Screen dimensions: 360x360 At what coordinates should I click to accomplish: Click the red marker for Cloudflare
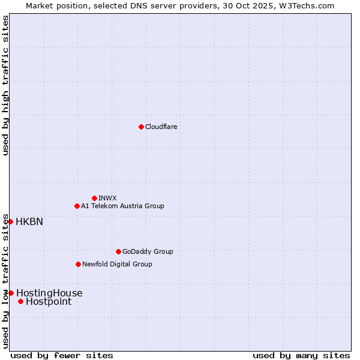[141, 127]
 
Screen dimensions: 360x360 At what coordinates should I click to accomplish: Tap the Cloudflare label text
[161, 127]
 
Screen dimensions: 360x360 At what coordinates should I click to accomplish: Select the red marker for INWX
[94, 198]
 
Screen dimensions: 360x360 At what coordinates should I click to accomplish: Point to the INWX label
[107, 198]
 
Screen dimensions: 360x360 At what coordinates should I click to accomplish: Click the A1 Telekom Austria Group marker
[77, 206]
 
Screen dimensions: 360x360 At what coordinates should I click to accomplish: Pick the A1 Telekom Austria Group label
[122, 206]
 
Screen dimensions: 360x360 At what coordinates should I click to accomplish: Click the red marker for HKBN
[10, 221]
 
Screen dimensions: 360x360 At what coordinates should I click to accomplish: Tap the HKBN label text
[29, 221]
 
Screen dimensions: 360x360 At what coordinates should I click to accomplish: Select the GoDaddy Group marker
[118, 251]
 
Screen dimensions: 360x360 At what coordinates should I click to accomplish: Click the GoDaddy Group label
[148, 251]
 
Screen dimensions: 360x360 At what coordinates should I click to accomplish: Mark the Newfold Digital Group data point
[78, 264]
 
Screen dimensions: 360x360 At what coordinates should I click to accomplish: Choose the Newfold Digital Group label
[117, 264]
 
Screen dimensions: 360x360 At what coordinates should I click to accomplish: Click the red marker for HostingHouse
[11, 293]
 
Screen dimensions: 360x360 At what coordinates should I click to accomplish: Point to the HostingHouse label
[49, 293]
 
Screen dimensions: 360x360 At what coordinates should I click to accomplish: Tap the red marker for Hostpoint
[20, 301]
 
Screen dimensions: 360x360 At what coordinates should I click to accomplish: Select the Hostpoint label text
[48, 301]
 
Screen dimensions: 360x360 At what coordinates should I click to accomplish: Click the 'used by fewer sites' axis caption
[62, 355]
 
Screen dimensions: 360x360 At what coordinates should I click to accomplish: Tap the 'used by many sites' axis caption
[301, 355]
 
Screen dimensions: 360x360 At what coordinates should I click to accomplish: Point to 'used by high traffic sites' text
[5, 85]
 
